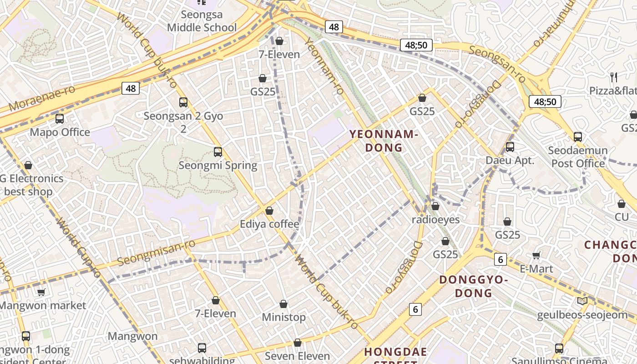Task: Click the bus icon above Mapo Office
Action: pyautogui.click(x=60, y=119)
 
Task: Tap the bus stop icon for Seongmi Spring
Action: pyautogui.click(x=218, y=152)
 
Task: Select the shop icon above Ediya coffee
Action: pyautogui.click(x=269, y=211)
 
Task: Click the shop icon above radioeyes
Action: pyautogui.click(x=435, y=206)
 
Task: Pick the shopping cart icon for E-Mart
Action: pyautogui.click(x=536, y=255)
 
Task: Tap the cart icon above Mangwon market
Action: pyautogui.click(x=41, y=292)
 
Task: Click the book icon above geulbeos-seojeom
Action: pyautogui.click(x=582, y=301)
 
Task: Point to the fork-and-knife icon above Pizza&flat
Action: pyautogui.click(x=614, y=77)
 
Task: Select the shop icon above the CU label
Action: pyautogui.click(x=622, y=204)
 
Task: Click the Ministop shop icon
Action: pyautogui.click(x=283, y=303)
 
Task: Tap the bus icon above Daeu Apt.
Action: pyautogui.click(x=510, y=147)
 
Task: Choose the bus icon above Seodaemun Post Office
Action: pyautogui.click(x=578, y=136)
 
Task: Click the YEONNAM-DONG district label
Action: pyautogui.click(x=383, y=141)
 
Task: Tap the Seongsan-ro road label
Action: pyautogui.click(x=497, y=64)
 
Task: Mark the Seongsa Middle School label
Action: pyautogui.click(x=202, y=21)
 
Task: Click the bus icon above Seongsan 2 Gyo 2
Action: pyautogui.click(x=183, y=102)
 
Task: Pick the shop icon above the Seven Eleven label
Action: pyautogui.click(x=298, y=343)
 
